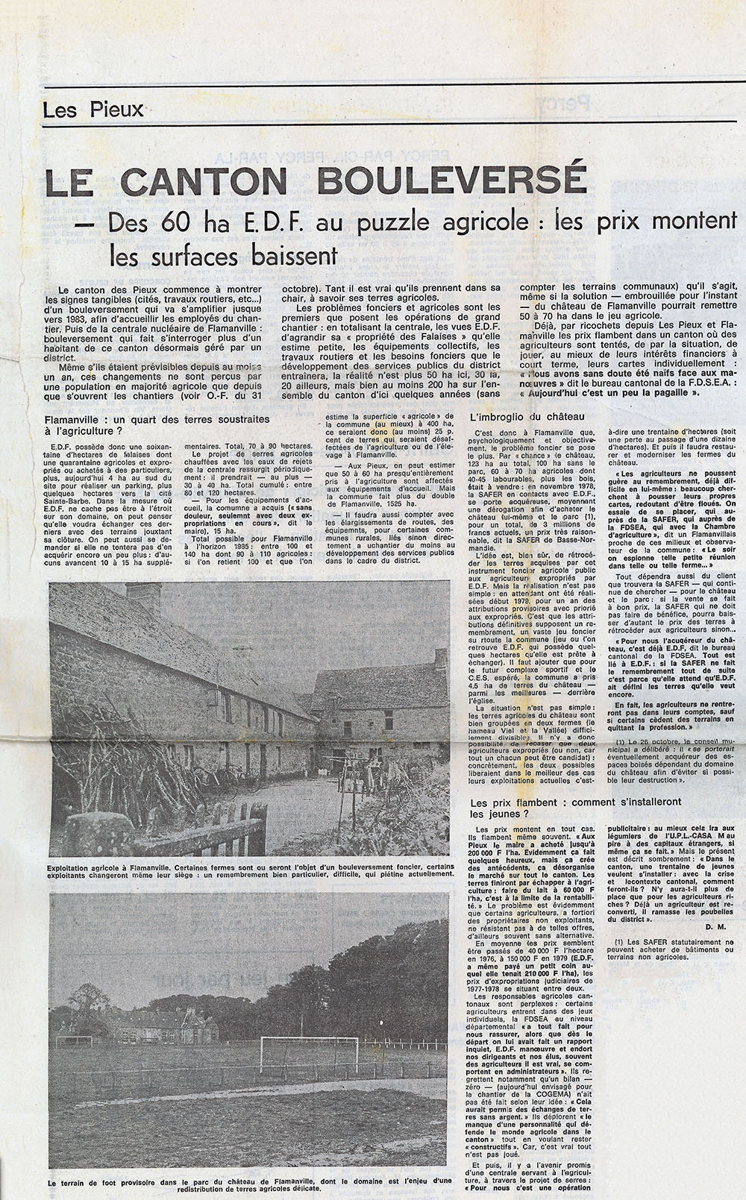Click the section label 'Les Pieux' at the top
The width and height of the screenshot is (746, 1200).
point(93,110)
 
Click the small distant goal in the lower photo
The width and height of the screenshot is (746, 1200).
point(82,1039)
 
